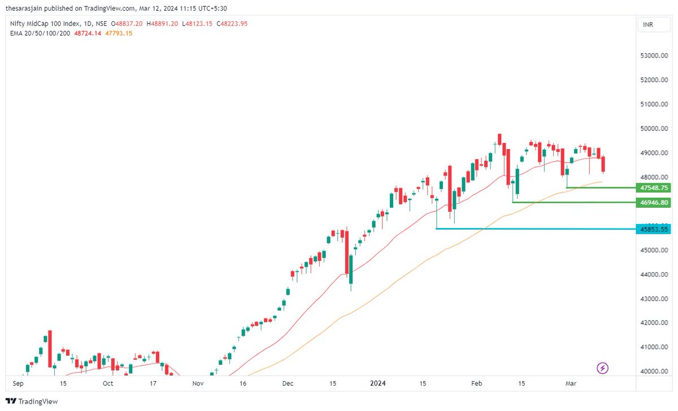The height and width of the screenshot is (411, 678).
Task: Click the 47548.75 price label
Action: click(x=653, y=187)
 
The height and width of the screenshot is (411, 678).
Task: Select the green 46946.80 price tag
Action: click(x=653, y=202)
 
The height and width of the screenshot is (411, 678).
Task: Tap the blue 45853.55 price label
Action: click(x=653, y=229)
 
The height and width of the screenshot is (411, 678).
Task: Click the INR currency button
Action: click(x=647, y=25)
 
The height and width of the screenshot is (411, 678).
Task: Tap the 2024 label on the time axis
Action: click(x=377, y=383)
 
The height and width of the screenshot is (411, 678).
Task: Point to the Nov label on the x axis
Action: click(x=197, y=383)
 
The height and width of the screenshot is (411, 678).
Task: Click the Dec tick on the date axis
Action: click(x=288, y=383)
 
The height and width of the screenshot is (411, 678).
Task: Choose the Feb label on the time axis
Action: click(x=476, y=383)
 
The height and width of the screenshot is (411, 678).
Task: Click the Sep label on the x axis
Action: click(x=18, y=383)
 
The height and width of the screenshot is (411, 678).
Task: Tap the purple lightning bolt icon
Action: click(x=603, y=368)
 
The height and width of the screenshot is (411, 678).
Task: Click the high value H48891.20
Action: click(x=163, y=24)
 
